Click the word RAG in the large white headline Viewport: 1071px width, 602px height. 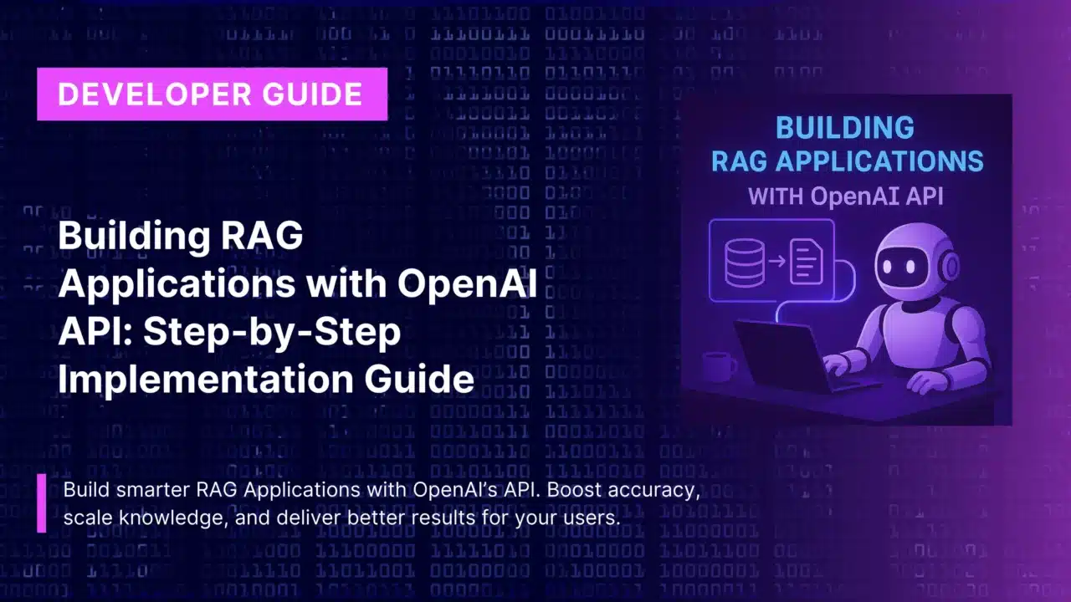(262, 235)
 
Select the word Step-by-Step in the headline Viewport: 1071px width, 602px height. (272, 331)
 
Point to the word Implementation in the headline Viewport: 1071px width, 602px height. (206, 379)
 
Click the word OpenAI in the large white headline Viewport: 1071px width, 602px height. (467, 283)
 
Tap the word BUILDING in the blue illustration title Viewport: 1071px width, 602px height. (845, 128)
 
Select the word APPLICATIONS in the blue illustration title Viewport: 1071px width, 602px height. (879, 161)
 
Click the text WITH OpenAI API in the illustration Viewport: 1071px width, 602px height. (845, 196)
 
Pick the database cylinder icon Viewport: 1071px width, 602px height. (745, 262)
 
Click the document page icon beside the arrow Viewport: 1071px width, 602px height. (806, 262)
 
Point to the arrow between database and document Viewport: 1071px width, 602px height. (777, 261)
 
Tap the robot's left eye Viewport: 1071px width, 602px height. (888, 266)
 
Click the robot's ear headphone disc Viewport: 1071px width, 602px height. (949, 266)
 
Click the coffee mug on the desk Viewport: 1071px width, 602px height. (719, 367)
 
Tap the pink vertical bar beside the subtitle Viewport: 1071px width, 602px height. (42, 503)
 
